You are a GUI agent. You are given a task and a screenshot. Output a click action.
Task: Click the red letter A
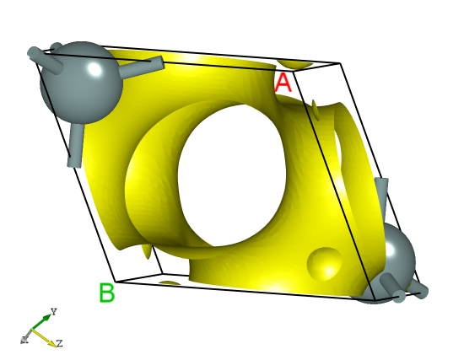click(283, 83)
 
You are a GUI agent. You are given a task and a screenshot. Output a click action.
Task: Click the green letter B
click(106, 293)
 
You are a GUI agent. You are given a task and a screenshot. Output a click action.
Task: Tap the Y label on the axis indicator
click(53, 312)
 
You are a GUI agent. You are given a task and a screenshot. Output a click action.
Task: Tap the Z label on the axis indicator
click(60, 343)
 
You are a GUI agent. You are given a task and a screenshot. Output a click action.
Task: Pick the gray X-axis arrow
click(28, 337)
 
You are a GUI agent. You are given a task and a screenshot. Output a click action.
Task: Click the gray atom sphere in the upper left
click(78, 80)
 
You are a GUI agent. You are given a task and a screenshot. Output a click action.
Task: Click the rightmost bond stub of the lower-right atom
click(415, 293)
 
